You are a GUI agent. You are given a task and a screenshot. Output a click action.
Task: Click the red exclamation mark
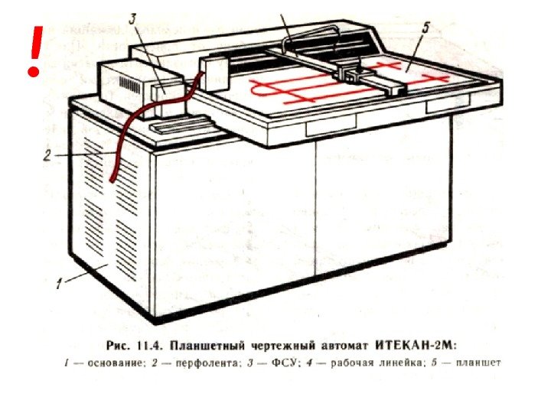(33, 50)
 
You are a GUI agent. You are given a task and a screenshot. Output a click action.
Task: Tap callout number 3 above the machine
(135, 18)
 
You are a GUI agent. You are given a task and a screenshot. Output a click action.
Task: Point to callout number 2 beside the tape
(47, 155)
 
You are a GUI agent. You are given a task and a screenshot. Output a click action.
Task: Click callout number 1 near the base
(59, 285)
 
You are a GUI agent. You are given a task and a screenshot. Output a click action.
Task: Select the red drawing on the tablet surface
(306, 90)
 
